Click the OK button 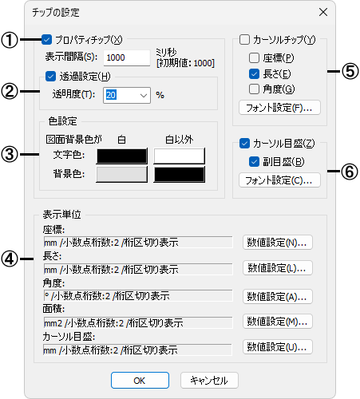pyautogui.click(x=140, y=381)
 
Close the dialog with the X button pyautogui.click(x=323, y=12)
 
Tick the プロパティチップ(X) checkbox pyautogui.click(x=46, y=40)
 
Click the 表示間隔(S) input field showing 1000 pyautogui.click(x=127, y=57)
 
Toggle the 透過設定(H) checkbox pyautogui.click(x=50, y=77)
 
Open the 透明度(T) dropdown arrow pyautogui.click(x=144, y=95)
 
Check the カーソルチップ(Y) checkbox pyautogui.click(x=244, y=40)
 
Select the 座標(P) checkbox pyautogui.click(x=254, y=57)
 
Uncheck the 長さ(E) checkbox pyautogui.click(x=254, y=73)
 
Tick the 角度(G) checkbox pyautogui.click(x=254, y=89)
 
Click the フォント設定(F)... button pyautogui.click(x=279, y=108)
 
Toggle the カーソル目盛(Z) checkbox pyautogui.click(x=244, y=144)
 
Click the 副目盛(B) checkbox pyautogui.click(x=254, y=161)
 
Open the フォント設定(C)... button pyautogui.click(x=279, y=180)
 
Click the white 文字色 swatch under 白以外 pyautogui.click(x=179, y=156)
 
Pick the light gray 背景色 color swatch pyautogui.click(x=121, y=174)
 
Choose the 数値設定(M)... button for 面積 pyautogui.click(x=278, y=322)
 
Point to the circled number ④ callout pyautogui.click(x=10, y=259)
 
